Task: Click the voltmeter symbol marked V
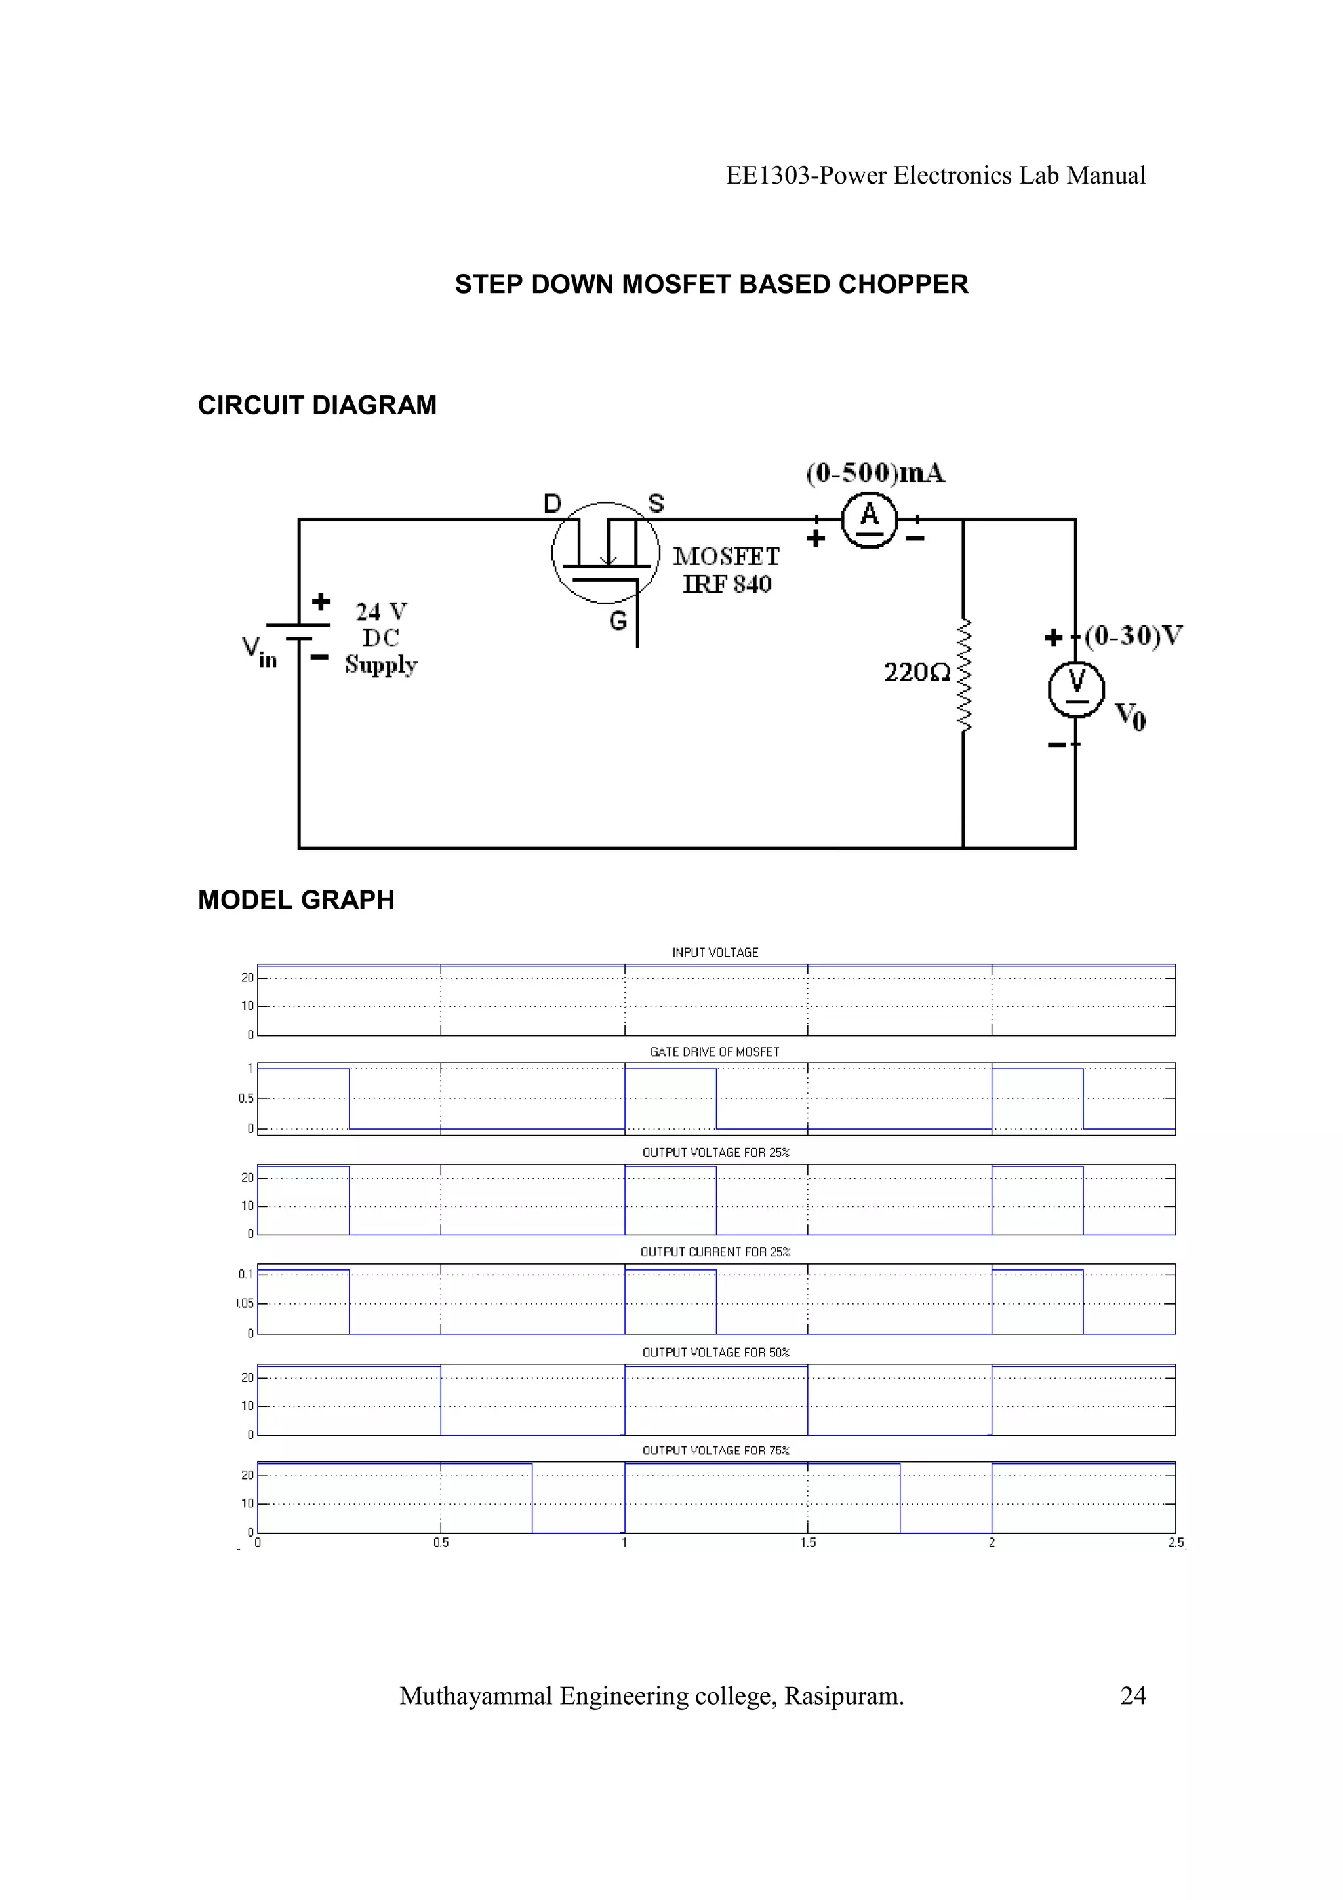(x=1075, y=688)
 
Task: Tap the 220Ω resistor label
(x=917, y=672)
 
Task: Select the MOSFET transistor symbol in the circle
(x=606, y=553)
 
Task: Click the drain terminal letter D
(x=552, y=503)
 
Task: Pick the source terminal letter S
(x=656, y=503)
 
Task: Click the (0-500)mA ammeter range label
(x=875, y=473)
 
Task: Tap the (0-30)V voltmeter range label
(x=1134, y=635)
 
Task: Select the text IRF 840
(x=727, y=584)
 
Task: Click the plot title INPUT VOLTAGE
(x=715, y=953)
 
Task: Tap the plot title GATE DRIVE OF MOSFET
(x=715, y=1052)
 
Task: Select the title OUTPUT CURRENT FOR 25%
(x=715, y=1252)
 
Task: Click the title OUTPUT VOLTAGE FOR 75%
(x=716, y=1451)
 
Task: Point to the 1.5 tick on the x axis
(x=808, y=1543)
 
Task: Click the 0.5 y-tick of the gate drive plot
(x=246, y=1099)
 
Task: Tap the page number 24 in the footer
(x=1133, y=1697)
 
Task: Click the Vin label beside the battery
(x=258, y=652)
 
